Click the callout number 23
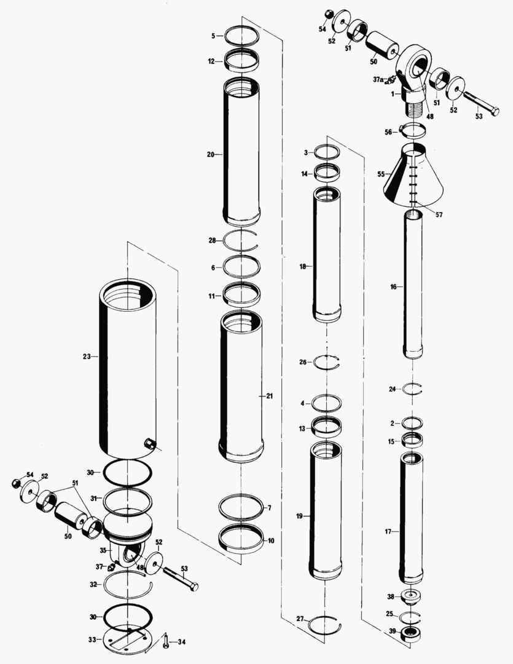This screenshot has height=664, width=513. (x=86, y=356)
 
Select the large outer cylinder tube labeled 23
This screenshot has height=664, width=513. (x=128, y=369)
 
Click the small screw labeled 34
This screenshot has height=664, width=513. (x=166, y=642)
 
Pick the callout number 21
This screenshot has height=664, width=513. (x=268, y=397)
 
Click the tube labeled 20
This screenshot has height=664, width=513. (x=241, y=154)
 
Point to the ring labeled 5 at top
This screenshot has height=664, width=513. (x=241, y=35)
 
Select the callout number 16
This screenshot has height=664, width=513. (x=393, y=287)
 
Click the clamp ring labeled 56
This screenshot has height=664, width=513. (x=412, y=130)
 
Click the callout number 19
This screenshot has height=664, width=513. (x=299, y=517)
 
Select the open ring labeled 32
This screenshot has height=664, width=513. (x=126, y=583)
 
